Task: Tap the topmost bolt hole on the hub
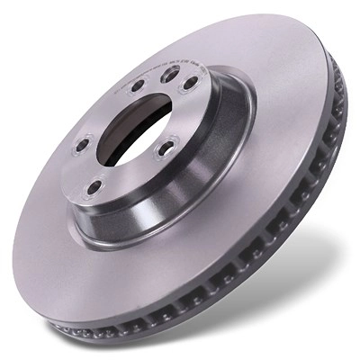click(169, 76)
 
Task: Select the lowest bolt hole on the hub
click(93, 187)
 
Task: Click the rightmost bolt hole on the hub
click(191, 82)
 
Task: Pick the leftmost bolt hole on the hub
click(82, 144)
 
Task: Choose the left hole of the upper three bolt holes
click(137, 86)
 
